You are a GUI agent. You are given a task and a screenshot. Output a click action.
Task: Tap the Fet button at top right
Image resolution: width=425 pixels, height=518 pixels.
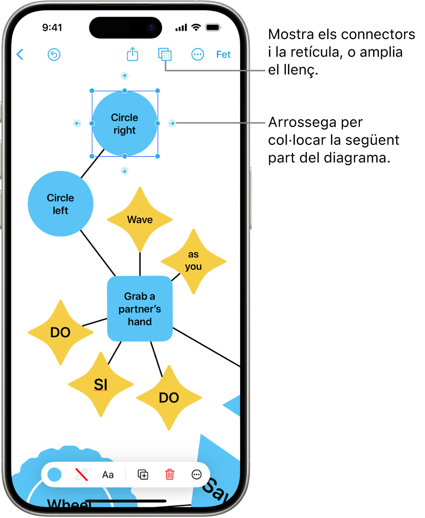[x=224, y=54]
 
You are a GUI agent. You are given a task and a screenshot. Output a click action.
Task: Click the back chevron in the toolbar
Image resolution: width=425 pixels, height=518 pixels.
[x=20, y=54]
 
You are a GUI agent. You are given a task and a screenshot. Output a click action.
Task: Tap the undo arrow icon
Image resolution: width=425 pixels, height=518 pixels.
[x=54, y=54]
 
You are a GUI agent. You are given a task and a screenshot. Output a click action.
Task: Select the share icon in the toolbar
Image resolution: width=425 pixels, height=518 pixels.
[x=133, y=54]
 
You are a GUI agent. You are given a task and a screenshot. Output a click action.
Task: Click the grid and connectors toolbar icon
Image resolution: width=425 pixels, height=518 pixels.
[x=165, y=54]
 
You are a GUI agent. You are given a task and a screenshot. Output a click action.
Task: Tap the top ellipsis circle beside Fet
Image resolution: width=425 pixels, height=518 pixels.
[x=198, y=54]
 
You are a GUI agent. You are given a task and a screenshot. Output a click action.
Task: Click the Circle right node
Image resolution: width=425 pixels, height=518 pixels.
[x=124, y=124]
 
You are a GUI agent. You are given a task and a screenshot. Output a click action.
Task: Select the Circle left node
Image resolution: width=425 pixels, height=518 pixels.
[x=61, y=203]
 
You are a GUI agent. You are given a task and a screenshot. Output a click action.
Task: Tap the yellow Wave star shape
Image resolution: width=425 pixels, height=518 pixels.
[x=140, y=219]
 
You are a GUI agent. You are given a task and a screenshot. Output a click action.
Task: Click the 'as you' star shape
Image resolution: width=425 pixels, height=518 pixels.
[x=194, y=261]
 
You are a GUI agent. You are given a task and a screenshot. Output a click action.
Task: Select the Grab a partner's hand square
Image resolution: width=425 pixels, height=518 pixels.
[x=140, y=308]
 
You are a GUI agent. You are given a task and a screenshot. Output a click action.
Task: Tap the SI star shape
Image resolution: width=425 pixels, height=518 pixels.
[x=100, y=384]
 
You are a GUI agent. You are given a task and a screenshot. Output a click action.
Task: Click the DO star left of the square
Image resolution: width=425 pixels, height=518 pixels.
[x=60, y=332]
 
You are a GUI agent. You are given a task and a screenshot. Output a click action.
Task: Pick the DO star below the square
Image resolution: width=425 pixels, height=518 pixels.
[x=169, y=397]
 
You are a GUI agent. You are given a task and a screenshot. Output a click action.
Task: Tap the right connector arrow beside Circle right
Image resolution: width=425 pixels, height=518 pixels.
[x=173, y=123]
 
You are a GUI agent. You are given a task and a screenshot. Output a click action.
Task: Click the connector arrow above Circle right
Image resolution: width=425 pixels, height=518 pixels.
[x=124, y=76]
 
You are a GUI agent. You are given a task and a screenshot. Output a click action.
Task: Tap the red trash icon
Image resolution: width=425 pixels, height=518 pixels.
[x=170, y=475]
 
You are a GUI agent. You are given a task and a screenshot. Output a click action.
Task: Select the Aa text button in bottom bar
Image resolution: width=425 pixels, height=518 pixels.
[x=108, y=475]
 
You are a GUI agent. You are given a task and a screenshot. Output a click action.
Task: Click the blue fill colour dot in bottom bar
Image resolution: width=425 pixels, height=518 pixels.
[x=54, y=475]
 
